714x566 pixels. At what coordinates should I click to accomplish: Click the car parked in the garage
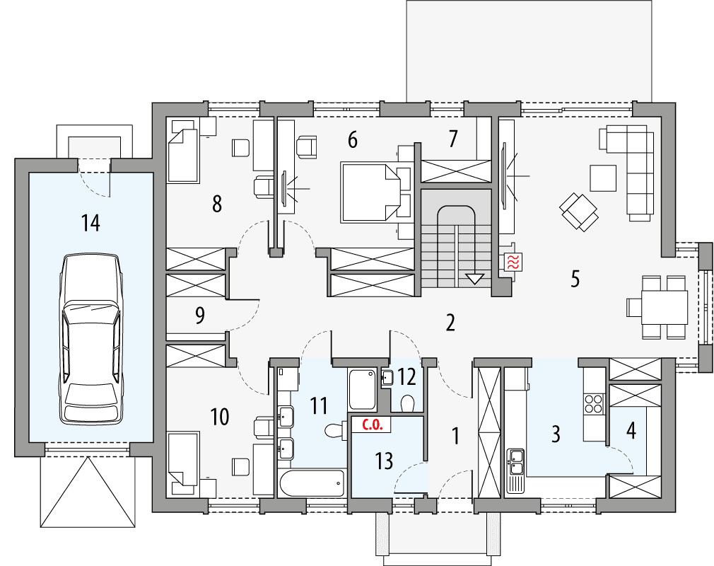(x=90, y=338)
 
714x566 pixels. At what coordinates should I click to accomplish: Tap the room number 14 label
(x=90, y=223)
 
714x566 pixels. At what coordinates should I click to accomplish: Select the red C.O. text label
(x=373, y=426)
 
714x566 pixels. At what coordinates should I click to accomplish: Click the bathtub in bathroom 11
(x=312, y=484)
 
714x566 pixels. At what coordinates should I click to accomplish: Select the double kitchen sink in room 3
(x=515, y=461)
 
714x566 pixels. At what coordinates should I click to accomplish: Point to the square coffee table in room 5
(x=603, y=177)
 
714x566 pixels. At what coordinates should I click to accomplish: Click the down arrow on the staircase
(x=476, y=278)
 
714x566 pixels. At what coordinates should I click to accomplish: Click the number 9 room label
(x=200, y=316)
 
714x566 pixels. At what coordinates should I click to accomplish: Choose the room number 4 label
(x=631, y=429)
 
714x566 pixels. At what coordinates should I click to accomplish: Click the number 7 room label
(x=452, y=139)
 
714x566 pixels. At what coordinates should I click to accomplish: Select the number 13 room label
(x=384, y=461)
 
